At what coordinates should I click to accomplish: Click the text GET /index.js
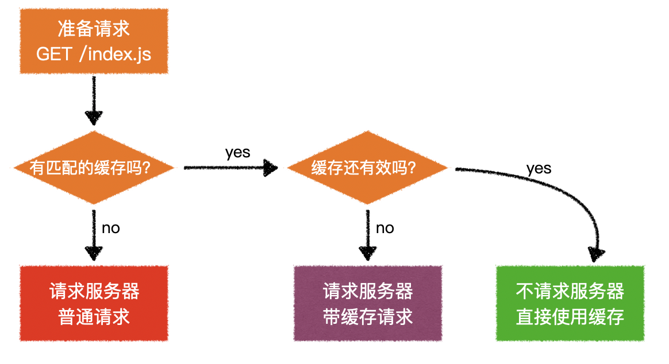tap(94, 55)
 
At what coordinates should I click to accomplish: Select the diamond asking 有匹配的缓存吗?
tap(94, 168)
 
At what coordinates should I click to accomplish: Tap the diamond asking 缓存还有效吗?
tap(367, 168)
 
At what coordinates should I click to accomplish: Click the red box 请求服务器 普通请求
tap(94, 304)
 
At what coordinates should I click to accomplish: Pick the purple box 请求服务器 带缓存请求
tap(368, 304)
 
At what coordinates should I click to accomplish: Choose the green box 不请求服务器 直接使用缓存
tap(570, 304)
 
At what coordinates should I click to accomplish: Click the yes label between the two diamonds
tap(237, 152)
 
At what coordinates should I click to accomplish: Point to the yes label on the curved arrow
tap(539, 168)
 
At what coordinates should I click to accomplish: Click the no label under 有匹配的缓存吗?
tap(110, 228)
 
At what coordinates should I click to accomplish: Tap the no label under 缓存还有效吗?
tap(385, 228)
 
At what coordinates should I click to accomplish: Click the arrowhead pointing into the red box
tap(94, 253)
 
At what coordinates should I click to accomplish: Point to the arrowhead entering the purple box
tap(367, 253)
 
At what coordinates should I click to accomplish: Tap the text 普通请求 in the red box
tap(94, 317)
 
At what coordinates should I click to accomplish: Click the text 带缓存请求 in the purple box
tap(368, 317)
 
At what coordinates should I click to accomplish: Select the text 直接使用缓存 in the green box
tap(570, 317)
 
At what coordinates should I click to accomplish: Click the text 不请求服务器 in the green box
tap(570, 291)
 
